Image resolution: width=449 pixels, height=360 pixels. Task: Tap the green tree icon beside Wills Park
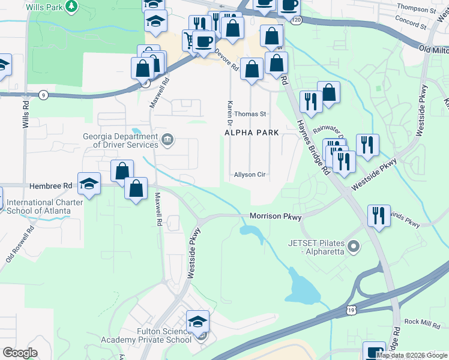tap(71, 7)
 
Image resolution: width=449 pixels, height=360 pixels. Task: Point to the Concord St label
tap(410, 24)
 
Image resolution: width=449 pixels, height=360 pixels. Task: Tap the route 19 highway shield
tap(351, 310)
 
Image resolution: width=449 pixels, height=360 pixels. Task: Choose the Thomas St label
tap(250, 114)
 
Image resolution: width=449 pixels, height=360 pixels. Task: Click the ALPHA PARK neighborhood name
tap(249, 132)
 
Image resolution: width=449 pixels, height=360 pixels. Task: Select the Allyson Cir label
tap(250, 175)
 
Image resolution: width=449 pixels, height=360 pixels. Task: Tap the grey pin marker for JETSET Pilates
tap(354, 246)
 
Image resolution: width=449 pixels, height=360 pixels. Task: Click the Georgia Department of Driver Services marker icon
tap(167, 140)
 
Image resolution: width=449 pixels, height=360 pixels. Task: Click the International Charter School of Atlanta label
tap(44, 206)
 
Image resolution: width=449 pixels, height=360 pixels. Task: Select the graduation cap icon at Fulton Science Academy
tap(197, 322)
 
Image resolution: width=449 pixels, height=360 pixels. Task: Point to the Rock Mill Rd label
tap(423, 322)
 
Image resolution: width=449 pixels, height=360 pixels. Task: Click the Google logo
tap(20, 353)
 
